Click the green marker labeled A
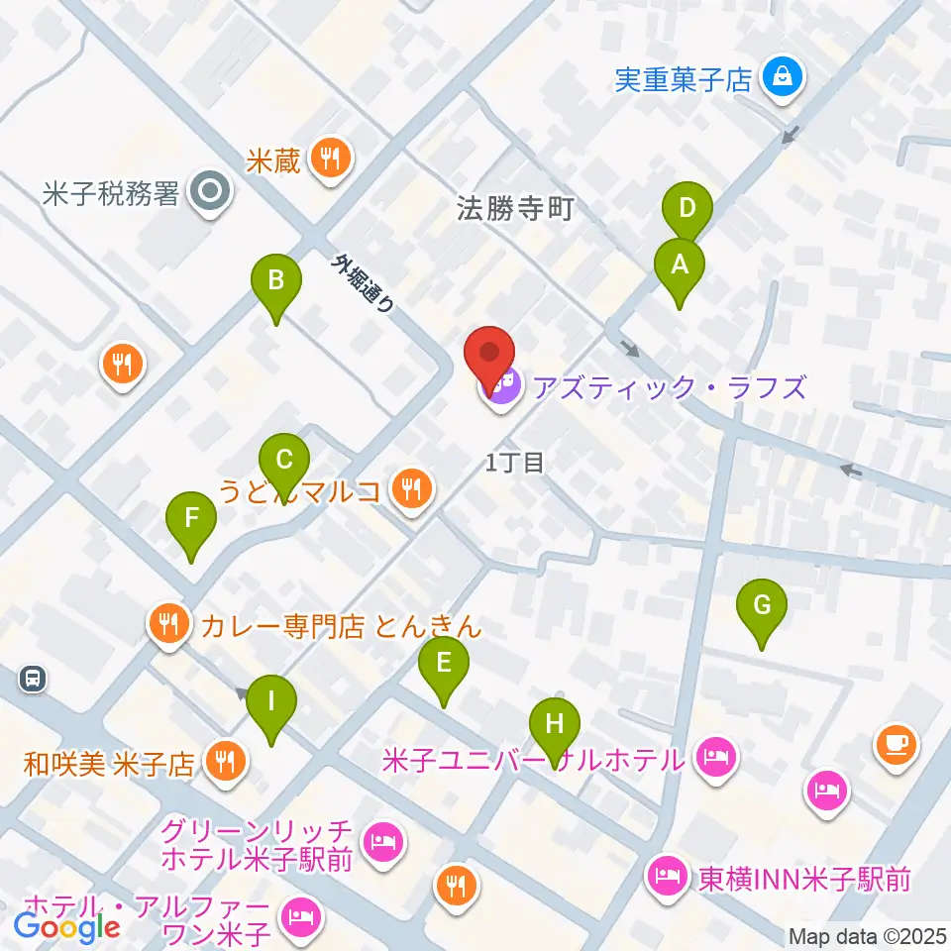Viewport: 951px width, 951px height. (680, 265)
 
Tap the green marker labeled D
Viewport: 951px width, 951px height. (687, 209)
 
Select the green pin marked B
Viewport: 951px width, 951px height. (276, 281)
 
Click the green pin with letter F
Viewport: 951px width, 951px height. (191, 518)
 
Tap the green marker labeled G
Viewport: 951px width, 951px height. (761, 605)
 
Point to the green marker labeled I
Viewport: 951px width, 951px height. (271, 702)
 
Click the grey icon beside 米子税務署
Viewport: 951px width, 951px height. (210, 193)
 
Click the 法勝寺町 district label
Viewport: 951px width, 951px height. (515, 210)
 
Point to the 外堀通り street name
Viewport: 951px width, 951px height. (365, 284)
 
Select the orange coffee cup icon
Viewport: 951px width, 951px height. (897, 743)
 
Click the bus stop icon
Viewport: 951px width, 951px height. (33, 679)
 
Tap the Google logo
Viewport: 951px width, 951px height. (67, 926)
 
